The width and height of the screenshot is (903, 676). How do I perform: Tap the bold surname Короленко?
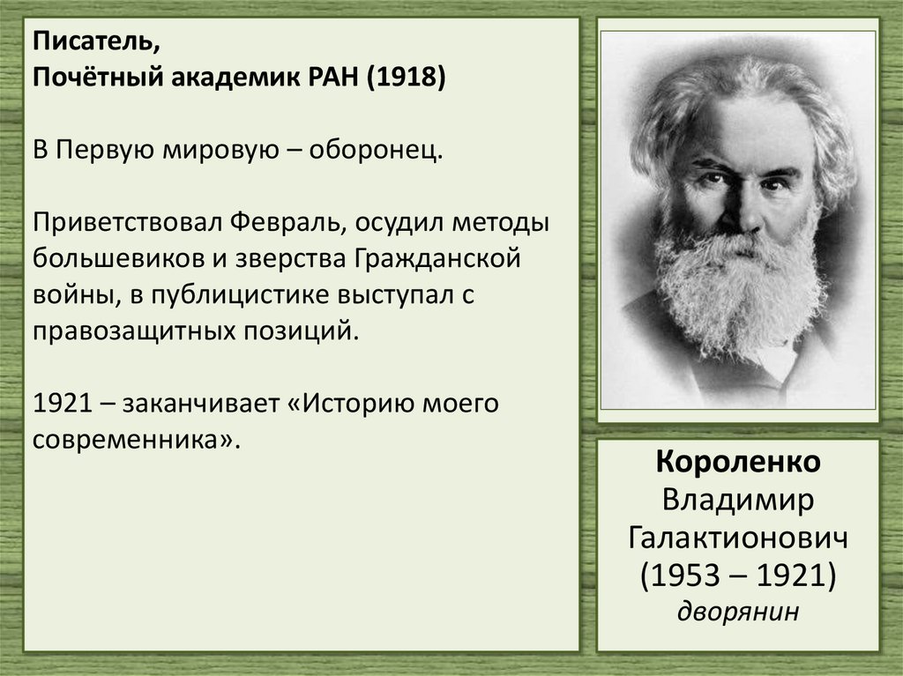[738, 462]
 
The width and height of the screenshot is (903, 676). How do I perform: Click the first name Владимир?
[738, 500]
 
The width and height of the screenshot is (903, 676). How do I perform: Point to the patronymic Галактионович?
[738, 537]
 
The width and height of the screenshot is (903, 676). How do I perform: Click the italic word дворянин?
[738, 610]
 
